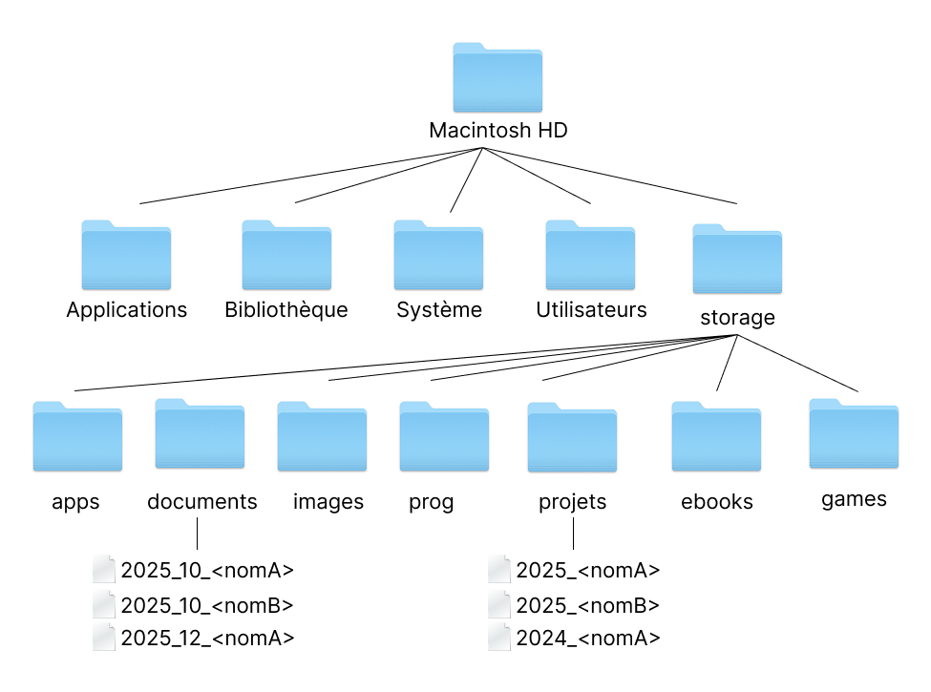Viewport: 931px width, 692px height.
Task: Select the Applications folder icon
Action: tap(126, 255)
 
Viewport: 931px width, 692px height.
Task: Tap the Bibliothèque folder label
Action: tap(286, 310)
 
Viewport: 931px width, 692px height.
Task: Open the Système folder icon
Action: tap(438, 255)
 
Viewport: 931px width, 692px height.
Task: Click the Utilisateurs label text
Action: tap(591, 310)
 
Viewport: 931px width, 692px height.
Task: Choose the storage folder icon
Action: tap(736, 260)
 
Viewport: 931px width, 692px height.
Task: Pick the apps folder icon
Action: tap(77, 436)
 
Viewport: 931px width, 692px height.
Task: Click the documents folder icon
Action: tap(200, 433)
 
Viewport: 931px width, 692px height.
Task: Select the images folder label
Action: tap(328, 502)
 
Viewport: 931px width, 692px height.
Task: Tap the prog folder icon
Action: tap(444, 436)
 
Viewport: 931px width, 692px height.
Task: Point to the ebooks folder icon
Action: tap(716, 436)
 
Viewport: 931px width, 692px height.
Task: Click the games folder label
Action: tap(854, 499)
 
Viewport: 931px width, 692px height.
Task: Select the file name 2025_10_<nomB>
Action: tap(207, 605)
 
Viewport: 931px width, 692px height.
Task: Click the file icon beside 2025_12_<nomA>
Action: tap(104, 637)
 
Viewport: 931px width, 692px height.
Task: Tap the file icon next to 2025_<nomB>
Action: tap(499, 604)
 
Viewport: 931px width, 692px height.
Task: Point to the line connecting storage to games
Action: tap(797, 364)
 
